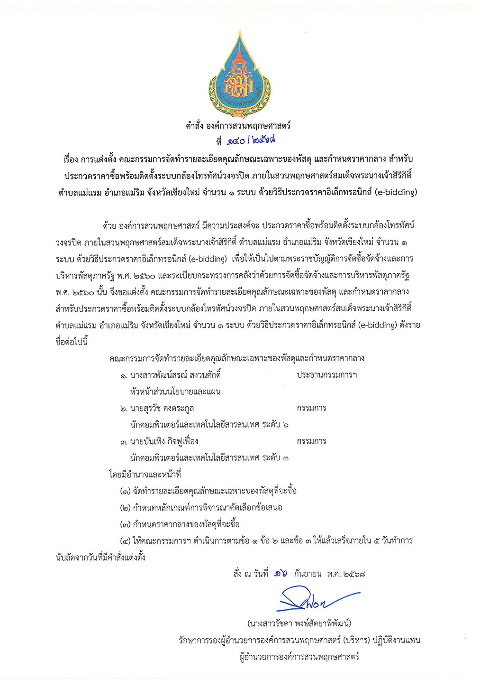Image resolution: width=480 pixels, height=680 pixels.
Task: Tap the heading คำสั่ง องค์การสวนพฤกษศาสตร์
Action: point(238,126)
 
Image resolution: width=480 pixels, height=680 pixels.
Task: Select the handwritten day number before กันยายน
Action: point(280,574)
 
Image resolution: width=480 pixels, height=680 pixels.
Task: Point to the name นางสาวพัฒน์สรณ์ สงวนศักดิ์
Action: point(176,375)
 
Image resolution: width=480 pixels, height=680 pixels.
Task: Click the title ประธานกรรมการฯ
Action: point(327,375)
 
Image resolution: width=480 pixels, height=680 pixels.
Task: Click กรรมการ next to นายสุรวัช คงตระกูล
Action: point(311,408)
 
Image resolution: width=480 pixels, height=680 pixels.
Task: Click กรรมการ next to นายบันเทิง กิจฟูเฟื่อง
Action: point(311,441)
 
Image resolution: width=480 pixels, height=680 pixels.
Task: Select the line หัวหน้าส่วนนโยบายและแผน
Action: point(175,391)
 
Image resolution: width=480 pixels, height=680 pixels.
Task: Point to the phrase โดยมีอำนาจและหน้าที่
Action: point(145,475)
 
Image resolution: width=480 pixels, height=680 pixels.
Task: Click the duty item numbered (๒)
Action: point(201,508)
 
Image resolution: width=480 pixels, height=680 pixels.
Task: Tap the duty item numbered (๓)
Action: point(180,524)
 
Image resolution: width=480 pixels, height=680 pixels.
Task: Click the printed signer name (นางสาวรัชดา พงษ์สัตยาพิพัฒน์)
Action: point(299,623)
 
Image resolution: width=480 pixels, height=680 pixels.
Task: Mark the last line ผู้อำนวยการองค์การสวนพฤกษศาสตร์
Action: point(299,657)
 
